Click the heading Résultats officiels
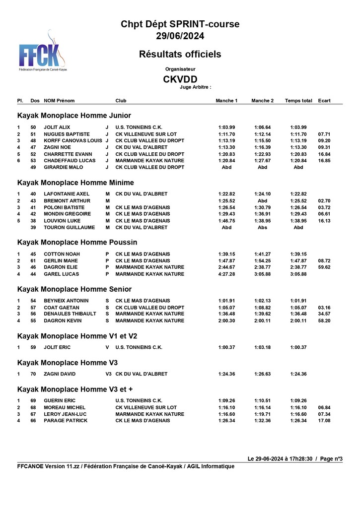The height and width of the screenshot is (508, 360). click(180, 54)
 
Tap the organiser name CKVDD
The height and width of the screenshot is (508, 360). click(180, 79)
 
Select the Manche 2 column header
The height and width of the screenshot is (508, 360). click(262, 101)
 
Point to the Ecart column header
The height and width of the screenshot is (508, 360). click(324, 101)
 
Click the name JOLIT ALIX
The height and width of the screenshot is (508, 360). click(57, 127)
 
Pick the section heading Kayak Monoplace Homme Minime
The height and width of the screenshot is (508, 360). click(75, 183)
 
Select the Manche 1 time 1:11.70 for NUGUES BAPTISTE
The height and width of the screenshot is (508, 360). click(226, 134)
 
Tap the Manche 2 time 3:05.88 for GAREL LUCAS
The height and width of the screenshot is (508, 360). click(262, 274)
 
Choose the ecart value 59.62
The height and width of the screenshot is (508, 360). click(324, 267)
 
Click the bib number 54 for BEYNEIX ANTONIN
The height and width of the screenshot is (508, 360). click(33, 301)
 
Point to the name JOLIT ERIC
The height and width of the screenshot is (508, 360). click(57, 347)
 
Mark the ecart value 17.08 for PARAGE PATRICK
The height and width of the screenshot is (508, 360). click(324, 421)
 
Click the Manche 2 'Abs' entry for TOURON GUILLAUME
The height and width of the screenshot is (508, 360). click(262, 228)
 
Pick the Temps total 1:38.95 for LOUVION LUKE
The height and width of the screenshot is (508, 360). click(298, 221)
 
